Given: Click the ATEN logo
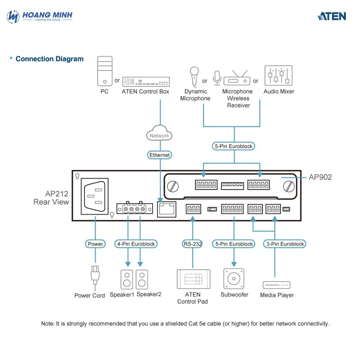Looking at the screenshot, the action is tap(332, 16).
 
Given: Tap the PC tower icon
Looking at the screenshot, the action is tap(105, 71).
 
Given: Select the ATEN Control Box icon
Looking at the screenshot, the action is tap(146, 81).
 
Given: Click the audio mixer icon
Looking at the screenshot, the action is tap(279, 76).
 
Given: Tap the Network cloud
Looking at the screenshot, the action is tap(159, 133).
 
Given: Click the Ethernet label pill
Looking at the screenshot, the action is tap(159, 155).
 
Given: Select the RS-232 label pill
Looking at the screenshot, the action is tap(193, 244).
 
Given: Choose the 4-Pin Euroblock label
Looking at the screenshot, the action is tap(136, 244).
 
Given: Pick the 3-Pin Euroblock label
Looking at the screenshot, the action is tap(285, 244).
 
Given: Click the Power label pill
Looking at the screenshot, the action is tap(95, 244).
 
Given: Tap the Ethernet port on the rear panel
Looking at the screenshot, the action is tap(167, 209).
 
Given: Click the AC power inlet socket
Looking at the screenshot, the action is tap(95, 197).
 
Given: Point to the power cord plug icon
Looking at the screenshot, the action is tap(95, 277).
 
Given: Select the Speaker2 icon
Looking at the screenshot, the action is tap(142, 279).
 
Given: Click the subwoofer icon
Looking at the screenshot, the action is tap(234, 279).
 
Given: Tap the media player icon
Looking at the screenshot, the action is tap(276, 285).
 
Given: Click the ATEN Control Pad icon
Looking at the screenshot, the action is tap(194, 279).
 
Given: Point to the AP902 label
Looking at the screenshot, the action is tap(320, 177).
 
